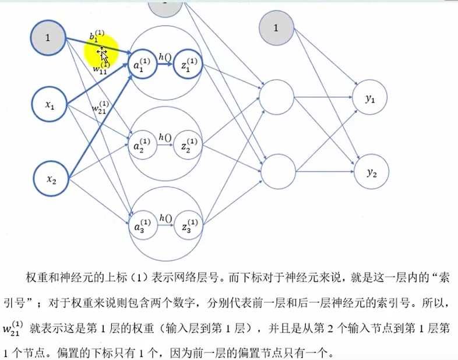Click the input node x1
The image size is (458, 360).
click(50, 105)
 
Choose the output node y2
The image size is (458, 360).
click(371, 172)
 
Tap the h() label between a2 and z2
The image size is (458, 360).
click(165, 137)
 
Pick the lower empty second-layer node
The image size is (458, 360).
click(278, 172)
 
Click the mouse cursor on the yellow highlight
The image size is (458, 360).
click(103, 55)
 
